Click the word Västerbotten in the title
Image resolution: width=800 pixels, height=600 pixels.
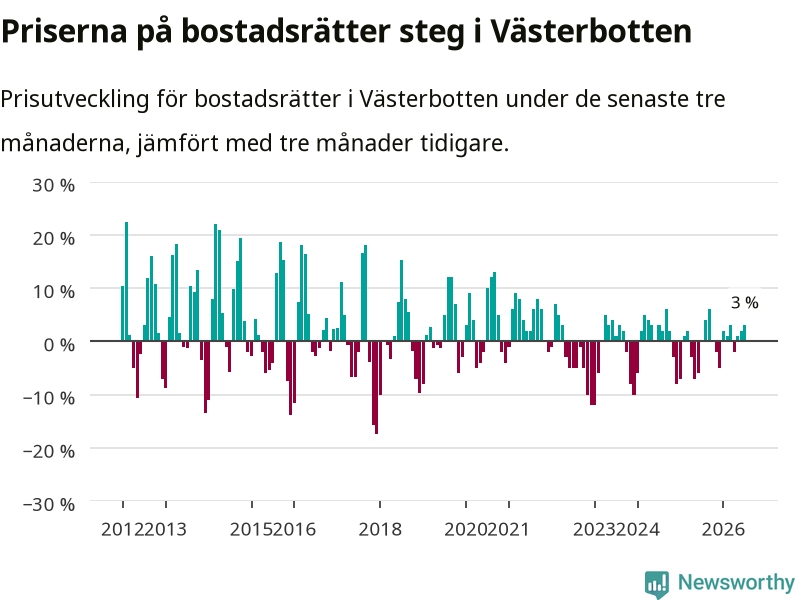[x=591, y=31]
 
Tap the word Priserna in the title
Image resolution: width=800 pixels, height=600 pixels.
[x=64, y=31]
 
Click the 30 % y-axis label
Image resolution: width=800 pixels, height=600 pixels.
[x=54, y=185]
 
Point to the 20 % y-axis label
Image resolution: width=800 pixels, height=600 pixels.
[x=54, y=238]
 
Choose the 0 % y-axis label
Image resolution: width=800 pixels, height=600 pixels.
[x=59, y=344]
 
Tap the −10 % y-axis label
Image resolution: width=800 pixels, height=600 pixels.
[x=49, y=397]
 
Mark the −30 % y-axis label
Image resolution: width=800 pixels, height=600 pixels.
[x=49, y=504]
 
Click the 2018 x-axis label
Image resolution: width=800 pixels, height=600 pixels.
[x=380, y=529]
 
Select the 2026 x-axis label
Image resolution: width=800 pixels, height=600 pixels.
[x=723, y=529]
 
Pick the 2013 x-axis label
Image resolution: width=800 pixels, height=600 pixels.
[x=165, y=529]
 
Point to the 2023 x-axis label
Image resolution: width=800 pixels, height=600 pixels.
[x=595, y=529]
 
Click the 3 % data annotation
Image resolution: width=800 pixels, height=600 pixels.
[x=744, y=303]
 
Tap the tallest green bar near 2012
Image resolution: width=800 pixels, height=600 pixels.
[x=127, y=281]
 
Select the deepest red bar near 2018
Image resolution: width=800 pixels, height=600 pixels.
[x=377, y=387]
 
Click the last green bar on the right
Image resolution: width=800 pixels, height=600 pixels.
[x=744, y=333]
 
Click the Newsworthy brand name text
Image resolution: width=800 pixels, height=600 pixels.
[x=736, y=582]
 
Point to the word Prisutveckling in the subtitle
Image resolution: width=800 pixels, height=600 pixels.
[x=74, y=99]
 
